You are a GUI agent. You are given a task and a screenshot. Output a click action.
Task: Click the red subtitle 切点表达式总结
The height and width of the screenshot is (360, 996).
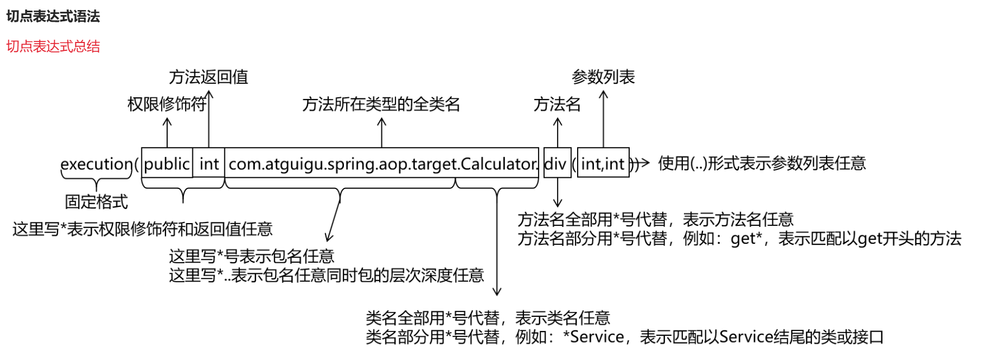(53, 46)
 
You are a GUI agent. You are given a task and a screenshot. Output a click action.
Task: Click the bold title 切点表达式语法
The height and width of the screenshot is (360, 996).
(53, 17)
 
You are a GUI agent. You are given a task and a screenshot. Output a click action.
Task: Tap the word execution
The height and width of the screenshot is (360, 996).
(96, 164)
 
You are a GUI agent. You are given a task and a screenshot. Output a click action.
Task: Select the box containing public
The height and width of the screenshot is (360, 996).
(167, 163)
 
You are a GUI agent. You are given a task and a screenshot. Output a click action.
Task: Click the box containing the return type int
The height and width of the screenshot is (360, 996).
(209, 163)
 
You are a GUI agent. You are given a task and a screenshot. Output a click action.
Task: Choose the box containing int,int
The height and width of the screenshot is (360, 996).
(602, 163)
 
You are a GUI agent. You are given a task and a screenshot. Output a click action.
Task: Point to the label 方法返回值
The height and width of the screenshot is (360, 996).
(209, 77)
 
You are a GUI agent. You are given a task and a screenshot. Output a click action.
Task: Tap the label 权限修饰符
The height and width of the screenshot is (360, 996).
(167, 104)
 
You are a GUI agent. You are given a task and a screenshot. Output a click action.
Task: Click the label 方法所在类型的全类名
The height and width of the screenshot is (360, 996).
(381, 104)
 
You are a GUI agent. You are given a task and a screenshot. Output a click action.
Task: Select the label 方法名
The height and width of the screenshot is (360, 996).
(557, 104)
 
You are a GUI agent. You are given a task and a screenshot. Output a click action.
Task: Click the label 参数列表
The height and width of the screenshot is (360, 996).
(603, 77)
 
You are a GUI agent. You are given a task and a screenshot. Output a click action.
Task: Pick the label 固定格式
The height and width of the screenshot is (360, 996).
(96, 202)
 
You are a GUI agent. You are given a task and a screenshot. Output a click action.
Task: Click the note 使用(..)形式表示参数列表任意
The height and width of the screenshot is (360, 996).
(762, 163)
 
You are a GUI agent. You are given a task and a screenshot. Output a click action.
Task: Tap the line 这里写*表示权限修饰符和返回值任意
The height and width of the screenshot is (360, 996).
(143, 229)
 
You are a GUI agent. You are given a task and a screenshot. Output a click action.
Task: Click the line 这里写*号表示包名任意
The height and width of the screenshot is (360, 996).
(252, 256)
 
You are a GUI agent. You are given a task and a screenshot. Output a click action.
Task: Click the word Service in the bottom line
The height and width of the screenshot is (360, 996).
(597, 337)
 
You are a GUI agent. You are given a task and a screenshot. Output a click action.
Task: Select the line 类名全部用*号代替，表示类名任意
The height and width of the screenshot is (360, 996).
(488, 318)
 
